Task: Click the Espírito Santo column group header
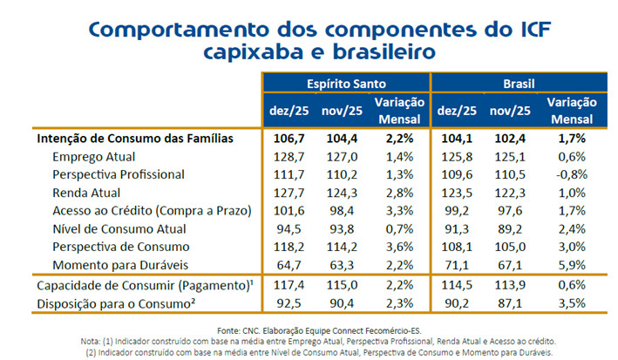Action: [x=345, y=85]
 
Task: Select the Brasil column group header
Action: [x=518, y=85]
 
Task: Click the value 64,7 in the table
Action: [x=290, y=264]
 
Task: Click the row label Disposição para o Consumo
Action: [x=126, y=303]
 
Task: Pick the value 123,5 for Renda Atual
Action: [x=455, y=193]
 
